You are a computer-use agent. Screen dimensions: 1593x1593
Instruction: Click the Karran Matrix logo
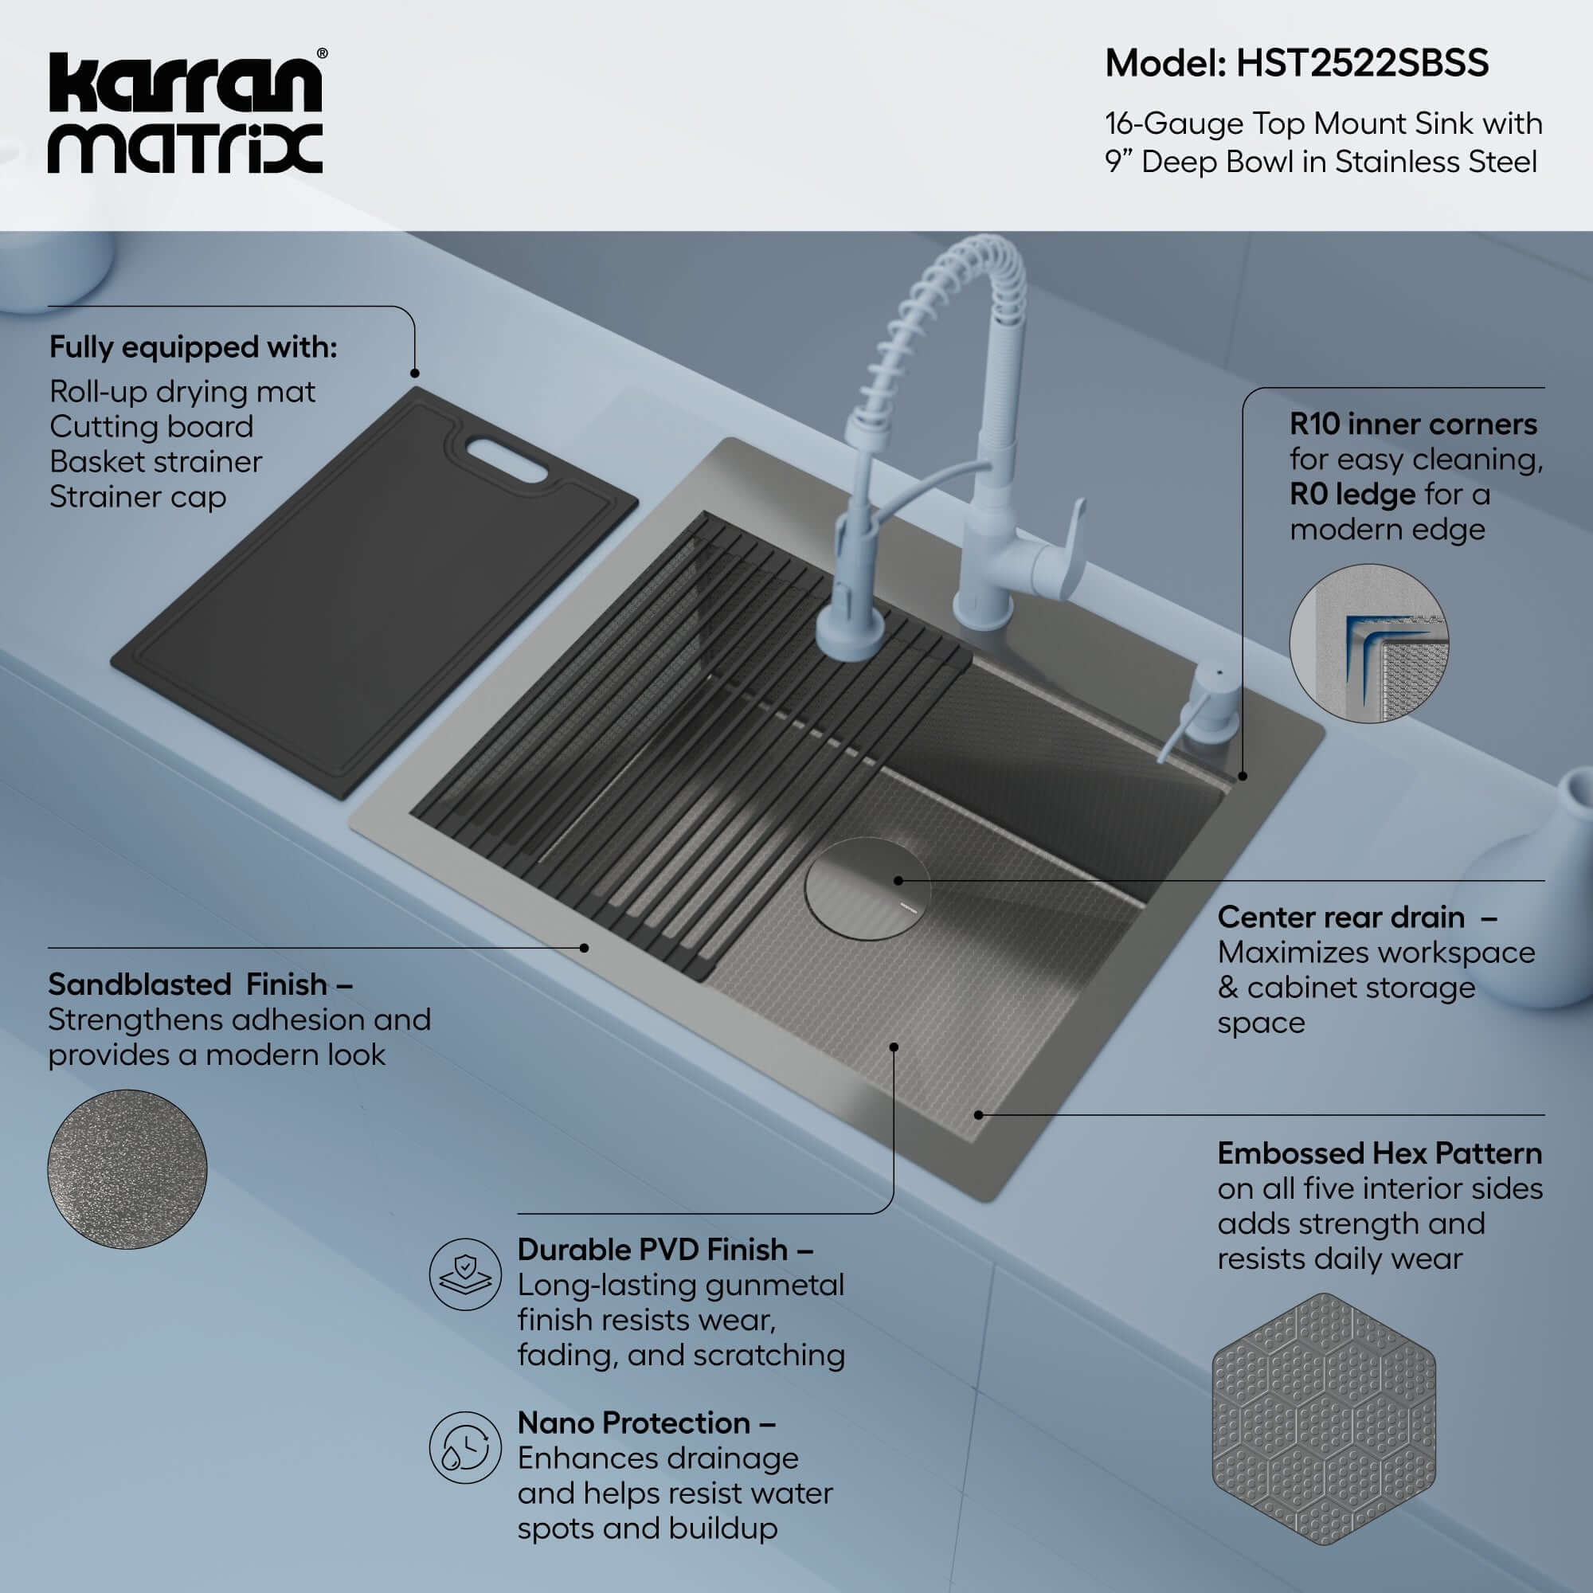coord(186,114)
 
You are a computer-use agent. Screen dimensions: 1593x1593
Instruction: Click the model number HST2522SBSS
coord(1362,64)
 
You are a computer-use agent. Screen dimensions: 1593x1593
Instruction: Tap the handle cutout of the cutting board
coord(507,460)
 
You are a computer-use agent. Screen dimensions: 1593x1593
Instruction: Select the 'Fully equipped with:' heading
coord(193,347)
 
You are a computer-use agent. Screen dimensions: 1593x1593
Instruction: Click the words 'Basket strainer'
coord(156,462)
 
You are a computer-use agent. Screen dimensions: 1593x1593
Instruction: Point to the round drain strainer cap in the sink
coord(867,889)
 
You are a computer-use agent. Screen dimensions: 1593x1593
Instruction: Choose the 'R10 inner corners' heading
coord(1412,424)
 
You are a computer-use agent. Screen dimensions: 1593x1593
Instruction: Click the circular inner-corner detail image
coord(1368,644)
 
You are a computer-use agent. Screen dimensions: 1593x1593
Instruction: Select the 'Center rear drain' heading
coord(1340,917)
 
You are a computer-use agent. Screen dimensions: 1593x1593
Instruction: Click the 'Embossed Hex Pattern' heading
coord(1379,1153)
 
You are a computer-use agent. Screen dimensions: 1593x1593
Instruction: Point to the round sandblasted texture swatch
coord(127,1168)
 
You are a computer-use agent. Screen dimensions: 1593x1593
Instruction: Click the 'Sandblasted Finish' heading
coord(200,984)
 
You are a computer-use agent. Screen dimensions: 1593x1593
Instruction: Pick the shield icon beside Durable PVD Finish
coord(465,1274)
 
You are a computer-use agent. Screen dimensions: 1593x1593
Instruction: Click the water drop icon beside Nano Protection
coord(465,1447)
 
